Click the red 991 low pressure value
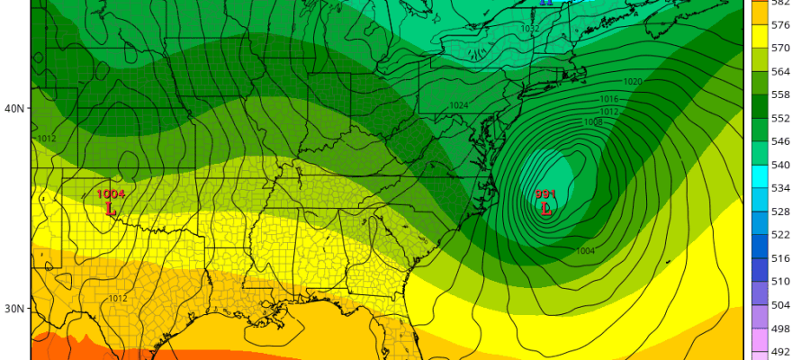point(545,194)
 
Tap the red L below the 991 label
point(545,209)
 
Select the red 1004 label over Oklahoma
point(111,194)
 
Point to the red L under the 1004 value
point(111,209)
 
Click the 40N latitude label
point(14,109)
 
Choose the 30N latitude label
point(14,309)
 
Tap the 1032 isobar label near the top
point(530,29)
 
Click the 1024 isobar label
point(459,105)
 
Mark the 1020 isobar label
point(633,82)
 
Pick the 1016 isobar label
point(609,99)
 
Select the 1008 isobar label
point(593,121)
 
